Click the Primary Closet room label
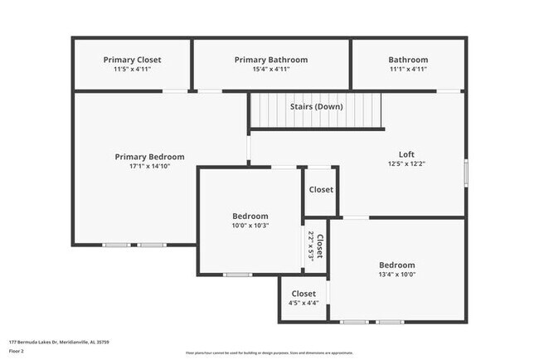coord(132,60)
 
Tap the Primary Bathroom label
coord(270,60)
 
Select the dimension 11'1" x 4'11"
coord(408,70)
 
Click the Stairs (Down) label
coord(317,106)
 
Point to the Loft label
coord(406,153)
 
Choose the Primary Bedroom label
coord(149,157)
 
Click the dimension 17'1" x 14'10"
coord(149,167)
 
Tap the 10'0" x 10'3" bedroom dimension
coord(250,226)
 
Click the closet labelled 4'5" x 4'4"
coord(303,304)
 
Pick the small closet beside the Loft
coord(321,190)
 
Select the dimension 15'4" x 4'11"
coord(270,70)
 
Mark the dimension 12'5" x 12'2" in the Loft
coord(406,163)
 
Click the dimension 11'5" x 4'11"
coord(132,70)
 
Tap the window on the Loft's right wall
coord(465,173)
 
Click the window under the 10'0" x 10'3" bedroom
coord(237,275)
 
